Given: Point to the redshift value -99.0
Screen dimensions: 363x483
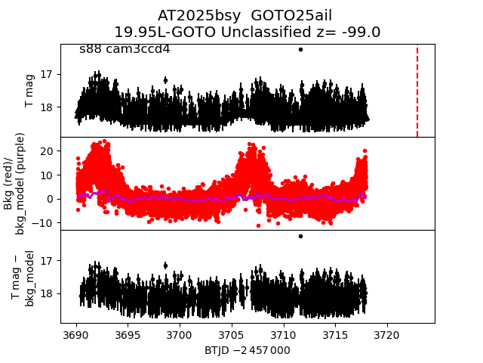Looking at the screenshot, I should click(x=360, y=33).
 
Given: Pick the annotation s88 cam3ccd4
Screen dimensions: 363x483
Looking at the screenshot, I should click(x=125, y=49).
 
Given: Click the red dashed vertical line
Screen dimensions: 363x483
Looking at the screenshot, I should click(x=417, y=91).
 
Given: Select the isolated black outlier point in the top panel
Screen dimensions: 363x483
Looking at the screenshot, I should click(x=300, y=49).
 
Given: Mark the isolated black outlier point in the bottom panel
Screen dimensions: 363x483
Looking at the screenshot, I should click(x=300, y=236).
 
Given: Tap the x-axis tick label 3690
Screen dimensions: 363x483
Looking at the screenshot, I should click(x=76, y=334).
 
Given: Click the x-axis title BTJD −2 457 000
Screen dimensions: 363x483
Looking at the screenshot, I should click(x=248, y=350).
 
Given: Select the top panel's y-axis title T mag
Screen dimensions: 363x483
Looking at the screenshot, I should click(x=30, y=91).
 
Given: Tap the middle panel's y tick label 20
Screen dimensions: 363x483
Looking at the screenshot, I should click(x=46, y=151).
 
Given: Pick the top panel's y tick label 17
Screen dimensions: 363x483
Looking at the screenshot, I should click(x=46, y=74).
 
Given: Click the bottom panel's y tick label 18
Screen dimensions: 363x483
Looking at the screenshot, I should click(x=46, y=293).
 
